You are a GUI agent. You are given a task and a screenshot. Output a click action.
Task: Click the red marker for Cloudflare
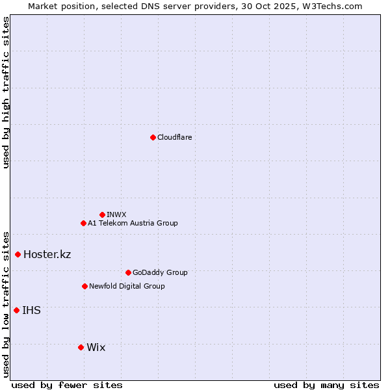(153, 137)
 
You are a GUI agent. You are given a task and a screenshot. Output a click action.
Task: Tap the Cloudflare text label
(174, 138)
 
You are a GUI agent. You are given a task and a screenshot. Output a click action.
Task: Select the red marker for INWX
(102, 214)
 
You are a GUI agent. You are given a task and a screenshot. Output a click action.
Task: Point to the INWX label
(116, 214)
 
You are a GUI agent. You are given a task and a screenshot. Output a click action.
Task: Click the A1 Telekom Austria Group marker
(83, 223)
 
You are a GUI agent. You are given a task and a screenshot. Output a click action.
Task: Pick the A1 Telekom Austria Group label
(133, 224)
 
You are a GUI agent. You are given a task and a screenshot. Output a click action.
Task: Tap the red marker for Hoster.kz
(18, 254)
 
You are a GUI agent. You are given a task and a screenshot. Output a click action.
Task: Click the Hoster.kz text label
(47, 254)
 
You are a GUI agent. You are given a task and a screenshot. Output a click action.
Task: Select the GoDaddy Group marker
(128, 272)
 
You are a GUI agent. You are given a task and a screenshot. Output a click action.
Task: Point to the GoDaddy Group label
(159, 273)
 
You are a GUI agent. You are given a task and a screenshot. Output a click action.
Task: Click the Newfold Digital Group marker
(84, 286)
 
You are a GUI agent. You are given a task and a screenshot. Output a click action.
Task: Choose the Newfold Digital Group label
(127, 286)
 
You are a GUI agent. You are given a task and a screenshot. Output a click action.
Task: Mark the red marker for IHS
(16, 310)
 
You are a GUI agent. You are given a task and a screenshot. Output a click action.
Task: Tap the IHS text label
(31, 311)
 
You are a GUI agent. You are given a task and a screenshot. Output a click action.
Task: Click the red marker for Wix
(81, 347)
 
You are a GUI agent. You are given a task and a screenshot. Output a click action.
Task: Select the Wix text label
(96, 348)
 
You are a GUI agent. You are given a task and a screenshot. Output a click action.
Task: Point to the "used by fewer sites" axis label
(67, 385)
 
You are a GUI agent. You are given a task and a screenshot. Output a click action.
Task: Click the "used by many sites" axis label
(326, 385)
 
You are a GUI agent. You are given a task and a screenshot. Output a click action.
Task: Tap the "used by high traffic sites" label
(6, 92)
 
